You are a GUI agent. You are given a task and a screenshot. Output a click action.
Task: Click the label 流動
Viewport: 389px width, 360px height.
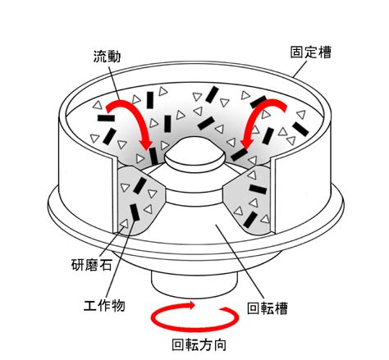pos(107,57)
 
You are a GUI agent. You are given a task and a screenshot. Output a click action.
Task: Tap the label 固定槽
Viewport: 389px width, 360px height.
pos(310,52)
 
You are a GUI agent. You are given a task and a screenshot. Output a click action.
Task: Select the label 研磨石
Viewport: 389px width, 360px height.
pos(92,265)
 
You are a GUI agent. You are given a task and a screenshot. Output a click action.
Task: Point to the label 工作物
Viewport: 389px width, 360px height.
pos(104,305)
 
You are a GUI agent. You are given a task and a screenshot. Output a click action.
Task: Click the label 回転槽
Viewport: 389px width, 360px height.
pos(268,308)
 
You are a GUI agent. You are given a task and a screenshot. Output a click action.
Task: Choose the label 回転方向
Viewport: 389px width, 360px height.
pos(199,344)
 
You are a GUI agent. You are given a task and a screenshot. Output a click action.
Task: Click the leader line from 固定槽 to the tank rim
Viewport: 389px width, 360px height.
pos(300,68)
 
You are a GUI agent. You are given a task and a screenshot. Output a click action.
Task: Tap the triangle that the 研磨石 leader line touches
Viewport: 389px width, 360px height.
pos(124,223)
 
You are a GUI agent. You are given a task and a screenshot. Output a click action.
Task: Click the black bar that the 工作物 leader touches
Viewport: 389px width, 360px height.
pos(135,212)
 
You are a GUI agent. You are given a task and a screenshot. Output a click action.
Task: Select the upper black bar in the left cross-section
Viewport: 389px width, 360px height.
pos(140,185)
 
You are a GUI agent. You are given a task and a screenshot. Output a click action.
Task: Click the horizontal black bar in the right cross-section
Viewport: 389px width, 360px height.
pos(258,189)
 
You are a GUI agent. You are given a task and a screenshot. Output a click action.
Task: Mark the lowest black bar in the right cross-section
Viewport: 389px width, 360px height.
pos(250,220)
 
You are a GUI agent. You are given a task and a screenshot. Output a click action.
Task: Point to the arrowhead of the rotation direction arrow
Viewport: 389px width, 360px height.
pos(190,305)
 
